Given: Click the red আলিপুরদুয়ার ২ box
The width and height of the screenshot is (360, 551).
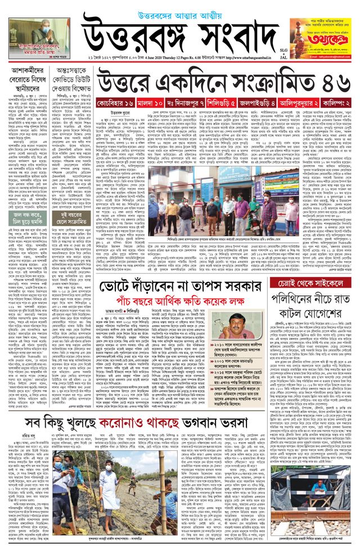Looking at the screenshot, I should pos(300,104).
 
